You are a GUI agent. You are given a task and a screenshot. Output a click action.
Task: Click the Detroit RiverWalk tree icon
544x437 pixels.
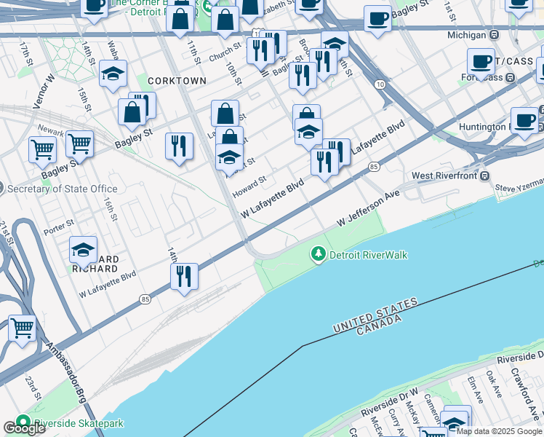[318, 255]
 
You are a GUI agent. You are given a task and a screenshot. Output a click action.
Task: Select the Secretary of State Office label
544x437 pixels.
[62, 189]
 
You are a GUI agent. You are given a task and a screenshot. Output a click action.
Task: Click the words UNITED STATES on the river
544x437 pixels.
[375, 315]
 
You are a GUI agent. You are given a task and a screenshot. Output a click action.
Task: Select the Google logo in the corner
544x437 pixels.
[24, 428]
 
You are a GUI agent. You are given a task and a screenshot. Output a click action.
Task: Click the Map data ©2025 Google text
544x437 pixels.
[500, 431]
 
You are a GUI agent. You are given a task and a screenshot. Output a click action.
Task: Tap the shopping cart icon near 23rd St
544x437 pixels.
[23, 328]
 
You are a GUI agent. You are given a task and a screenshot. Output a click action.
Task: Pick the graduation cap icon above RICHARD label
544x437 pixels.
[84, 249]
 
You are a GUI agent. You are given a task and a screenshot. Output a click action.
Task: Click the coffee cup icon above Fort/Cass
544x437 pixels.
[481, 62]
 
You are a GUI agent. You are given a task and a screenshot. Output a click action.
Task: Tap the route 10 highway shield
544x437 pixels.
[380, 85]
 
